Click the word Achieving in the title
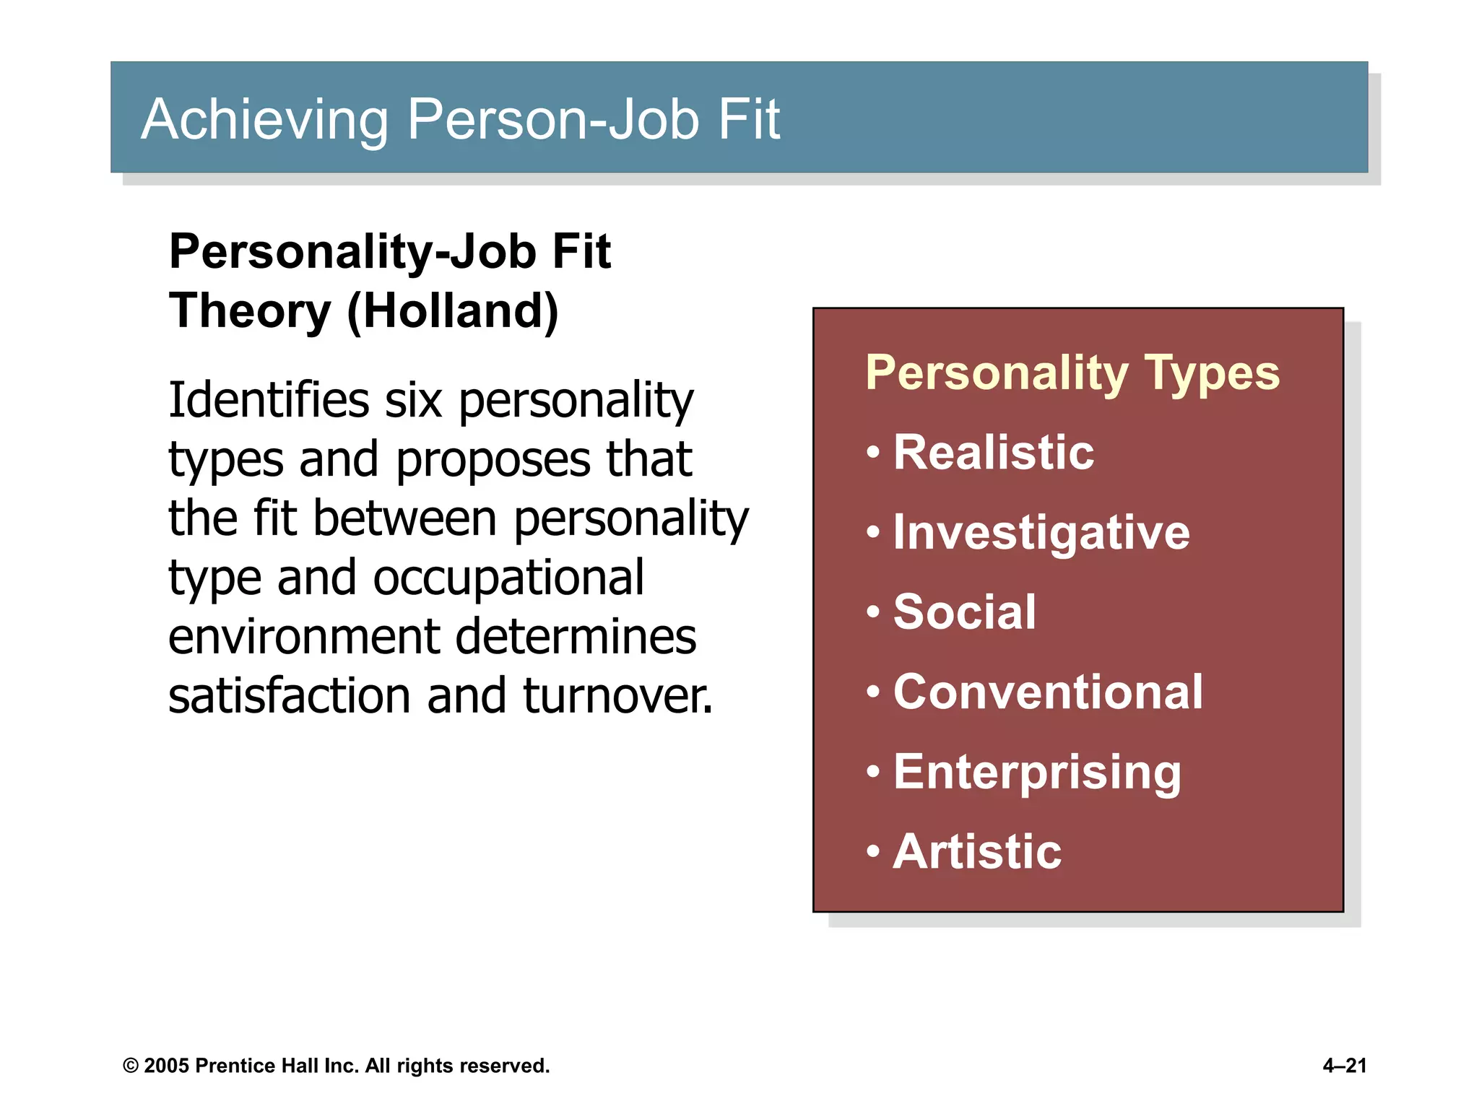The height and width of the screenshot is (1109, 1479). (264, 119)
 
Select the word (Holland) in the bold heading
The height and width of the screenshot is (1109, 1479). (453, 311)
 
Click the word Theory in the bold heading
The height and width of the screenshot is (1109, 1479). (249, 311)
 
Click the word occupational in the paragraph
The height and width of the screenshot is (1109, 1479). (508, 578)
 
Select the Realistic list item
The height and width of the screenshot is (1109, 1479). (994, 453)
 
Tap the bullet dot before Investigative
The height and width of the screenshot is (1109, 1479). (874, 533)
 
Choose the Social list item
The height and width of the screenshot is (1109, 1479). (964, 612)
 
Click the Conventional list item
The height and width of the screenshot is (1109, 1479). (1048, 692)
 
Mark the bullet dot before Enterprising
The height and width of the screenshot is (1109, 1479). (874, 772)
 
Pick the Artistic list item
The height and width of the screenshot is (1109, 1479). (977, 851)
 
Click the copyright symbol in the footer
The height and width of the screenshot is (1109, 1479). (131, 1066)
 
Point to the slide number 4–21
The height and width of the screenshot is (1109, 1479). (1345, 1066)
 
